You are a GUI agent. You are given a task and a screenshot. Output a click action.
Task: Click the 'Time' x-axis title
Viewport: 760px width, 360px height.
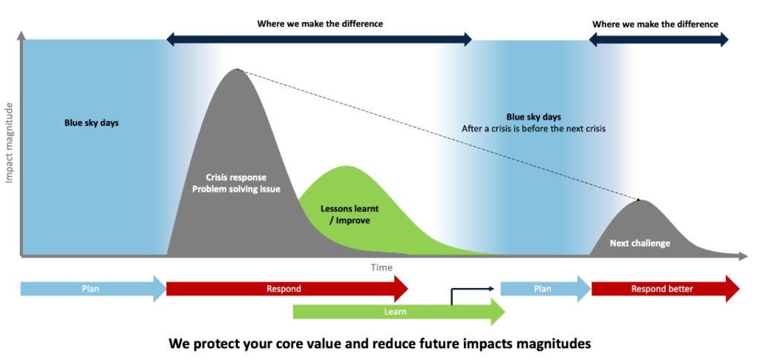coord(381,267)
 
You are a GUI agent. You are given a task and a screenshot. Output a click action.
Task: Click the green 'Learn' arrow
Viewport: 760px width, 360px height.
coord(396,312)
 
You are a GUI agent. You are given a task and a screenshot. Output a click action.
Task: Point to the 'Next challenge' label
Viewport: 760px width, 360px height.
coord(640,243)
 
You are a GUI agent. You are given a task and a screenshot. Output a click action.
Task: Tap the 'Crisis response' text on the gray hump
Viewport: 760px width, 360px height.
coord(236,177)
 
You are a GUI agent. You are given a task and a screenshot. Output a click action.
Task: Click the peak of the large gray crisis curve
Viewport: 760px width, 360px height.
coord(237,70)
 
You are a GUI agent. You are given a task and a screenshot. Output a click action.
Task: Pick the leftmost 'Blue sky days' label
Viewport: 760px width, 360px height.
coord(91,123)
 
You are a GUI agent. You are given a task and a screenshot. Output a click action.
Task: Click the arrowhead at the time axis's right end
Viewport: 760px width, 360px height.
coord(743,257)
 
